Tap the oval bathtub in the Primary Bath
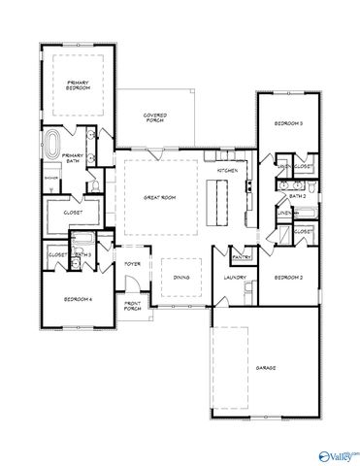pos(51,149)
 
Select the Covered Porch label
pos(154,117)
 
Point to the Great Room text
pos(158,197)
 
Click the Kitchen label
pos(228,170)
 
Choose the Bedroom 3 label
pos(287,124)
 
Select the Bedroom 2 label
pos(287,279)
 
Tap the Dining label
pos(181,278)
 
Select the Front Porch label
pos(133,306)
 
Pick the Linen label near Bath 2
pos(283,213)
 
